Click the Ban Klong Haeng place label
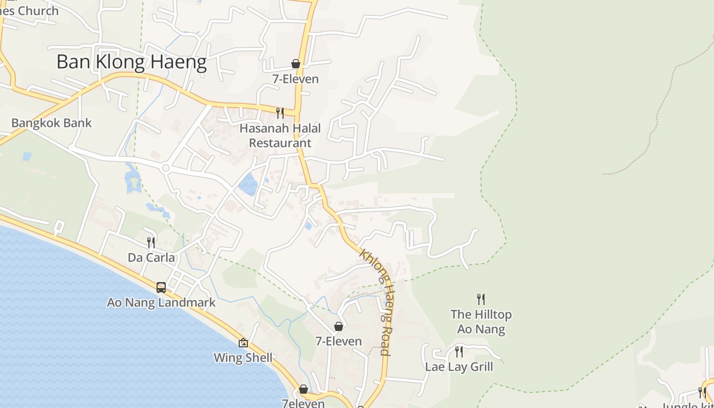131,62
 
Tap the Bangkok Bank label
52,123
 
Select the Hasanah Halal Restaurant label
280,136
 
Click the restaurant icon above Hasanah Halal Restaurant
280,113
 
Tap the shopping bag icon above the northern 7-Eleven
295,64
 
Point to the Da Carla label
151,258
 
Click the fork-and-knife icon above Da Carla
151,242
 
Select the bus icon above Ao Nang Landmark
161,287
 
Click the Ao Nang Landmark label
161,302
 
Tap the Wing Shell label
243,358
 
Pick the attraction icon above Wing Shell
243,343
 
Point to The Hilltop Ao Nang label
481,322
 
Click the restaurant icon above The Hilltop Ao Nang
480,299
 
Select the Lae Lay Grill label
459,367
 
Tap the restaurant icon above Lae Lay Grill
459,351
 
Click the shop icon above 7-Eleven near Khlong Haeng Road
338,326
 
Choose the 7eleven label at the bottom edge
303,403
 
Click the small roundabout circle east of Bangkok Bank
165,167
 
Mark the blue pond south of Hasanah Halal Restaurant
248,185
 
